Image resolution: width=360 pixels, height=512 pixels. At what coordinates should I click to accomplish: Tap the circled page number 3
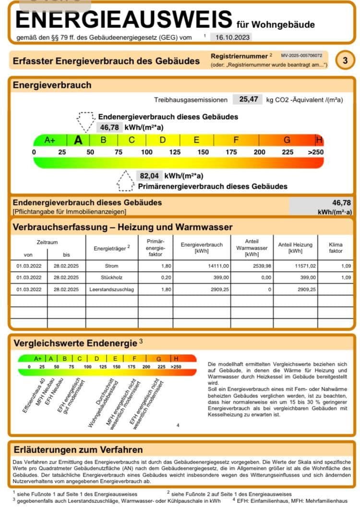345,60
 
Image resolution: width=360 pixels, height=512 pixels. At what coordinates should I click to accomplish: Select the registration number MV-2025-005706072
301,56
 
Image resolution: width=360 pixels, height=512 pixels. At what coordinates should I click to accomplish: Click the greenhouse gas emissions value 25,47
249,99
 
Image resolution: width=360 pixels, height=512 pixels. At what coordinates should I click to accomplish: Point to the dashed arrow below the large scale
125,180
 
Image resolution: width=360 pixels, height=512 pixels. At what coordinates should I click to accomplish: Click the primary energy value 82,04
148,176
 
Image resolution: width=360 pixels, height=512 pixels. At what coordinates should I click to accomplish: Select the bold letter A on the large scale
78,140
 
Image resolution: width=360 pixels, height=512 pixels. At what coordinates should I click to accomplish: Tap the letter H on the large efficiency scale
319,140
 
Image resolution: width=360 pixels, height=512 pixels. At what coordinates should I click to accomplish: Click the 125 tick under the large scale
175,152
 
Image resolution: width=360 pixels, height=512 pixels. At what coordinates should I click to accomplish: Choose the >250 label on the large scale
315,152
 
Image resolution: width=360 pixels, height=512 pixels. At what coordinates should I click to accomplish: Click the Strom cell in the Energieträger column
111,265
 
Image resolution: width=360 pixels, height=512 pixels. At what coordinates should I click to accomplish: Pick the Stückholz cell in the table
111,277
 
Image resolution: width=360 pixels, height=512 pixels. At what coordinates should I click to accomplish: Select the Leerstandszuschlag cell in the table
111,289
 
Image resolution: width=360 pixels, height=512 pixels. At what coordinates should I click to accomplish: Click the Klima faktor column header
336,248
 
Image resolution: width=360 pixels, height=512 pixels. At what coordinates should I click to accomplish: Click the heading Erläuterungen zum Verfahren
78,450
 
